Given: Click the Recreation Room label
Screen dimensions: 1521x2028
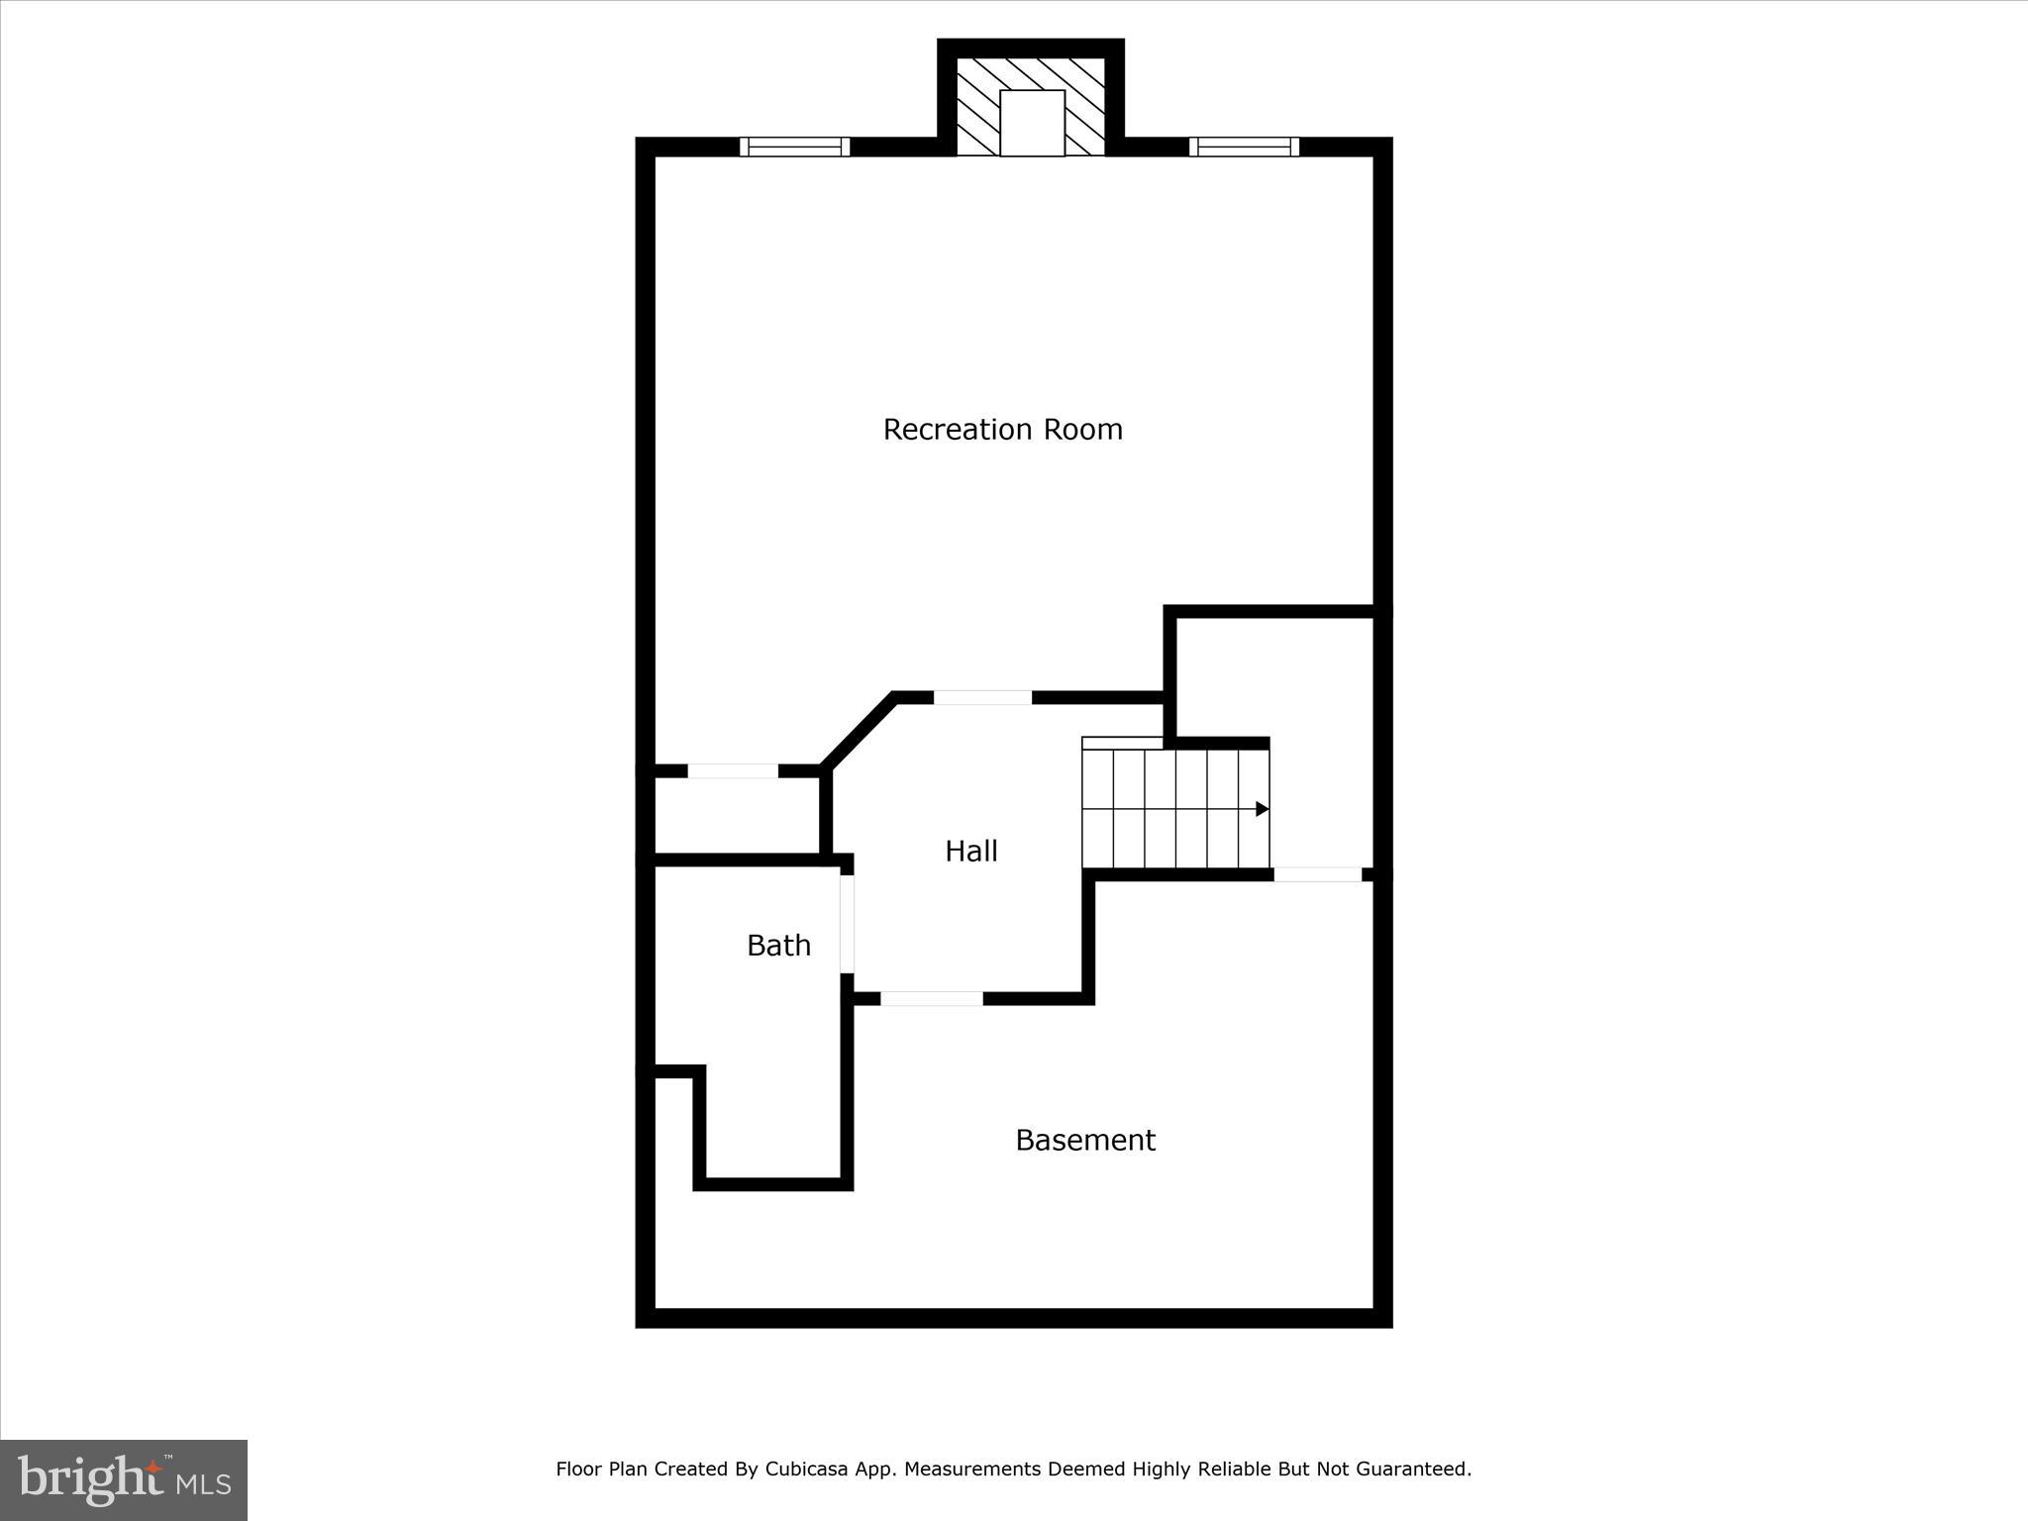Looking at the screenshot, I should (1002, 430).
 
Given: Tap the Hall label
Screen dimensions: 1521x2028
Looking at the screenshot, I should (970, 852).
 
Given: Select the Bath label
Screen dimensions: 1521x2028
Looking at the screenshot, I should (778, 946).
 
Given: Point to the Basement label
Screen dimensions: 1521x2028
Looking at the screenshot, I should (1084, 1141).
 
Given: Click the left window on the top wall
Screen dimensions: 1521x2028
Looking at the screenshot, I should (794, 147).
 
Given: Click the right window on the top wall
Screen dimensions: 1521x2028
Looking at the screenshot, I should (1244, 147).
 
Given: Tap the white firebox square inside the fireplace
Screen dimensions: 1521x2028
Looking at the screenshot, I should (1032, 123).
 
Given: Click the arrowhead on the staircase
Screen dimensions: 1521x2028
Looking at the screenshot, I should (1262, 809).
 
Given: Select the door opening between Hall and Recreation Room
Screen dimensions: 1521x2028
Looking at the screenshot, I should (982, 698).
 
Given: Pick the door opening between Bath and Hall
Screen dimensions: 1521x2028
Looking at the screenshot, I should (848, 924).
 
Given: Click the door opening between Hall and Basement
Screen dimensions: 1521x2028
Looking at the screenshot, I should (932, 998).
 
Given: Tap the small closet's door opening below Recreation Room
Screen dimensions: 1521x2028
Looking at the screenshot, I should (733, 771).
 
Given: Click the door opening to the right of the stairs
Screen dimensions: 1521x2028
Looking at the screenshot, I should (1317, 874).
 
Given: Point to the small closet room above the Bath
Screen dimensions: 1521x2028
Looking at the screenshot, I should (738, 815).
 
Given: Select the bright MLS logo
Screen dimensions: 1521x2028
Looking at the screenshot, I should (124, 1479).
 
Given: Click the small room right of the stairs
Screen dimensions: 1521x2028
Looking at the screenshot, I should (1322, 743).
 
